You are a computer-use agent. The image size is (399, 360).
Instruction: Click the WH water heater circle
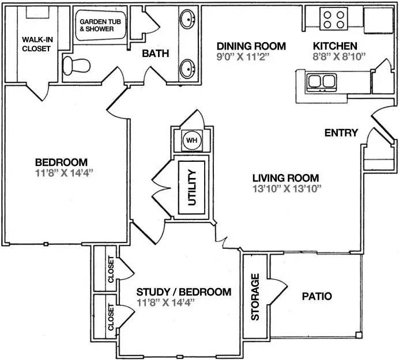[x=191, y=141]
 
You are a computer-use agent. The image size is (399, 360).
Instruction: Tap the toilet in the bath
[x=76, y=66]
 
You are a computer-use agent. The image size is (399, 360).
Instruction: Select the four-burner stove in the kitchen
[x=334, y=19]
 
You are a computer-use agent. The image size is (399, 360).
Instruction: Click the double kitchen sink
[x=322, y=82]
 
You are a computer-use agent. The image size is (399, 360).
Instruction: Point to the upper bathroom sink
[x=187, y=19]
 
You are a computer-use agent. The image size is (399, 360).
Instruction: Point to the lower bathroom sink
[x=187, y=69]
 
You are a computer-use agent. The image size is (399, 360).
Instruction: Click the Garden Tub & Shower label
[x=100, y=25]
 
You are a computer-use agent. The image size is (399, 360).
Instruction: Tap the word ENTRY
[x=341, y=132]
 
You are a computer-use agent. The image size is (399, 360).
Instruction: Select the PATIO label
[x=317, y=296]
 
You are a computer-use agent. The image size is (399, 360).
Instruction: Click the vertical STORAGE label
[x=255, y=297]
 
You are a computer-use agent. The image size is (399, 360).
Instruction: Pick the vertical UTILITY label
[x=192, y=188]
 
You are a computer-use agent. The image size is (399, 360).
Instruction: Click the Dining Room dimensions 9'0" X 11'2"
[x=243, y=56]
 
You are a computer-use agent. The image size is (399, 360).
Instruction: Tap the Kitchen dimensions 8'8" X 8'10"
[x=339, y=56]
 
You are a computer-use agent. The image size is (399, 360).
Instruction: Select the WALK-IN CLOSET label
[x=37, y=44]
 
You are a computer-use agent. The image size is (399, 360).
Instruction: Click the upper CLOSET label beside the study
[x=111, y=269]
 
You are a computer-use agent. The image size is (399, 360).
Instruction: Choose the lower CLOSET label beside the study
[x=111, y=317]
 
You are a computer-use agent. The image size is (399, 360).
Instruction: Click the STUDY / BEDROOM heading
[x=184, y=292]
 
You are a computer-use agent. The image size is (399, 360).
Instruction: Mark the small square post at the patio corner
[x=359, y=335]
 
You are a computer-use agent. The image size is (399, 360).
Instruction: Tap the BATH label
[x=156, y=54]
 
